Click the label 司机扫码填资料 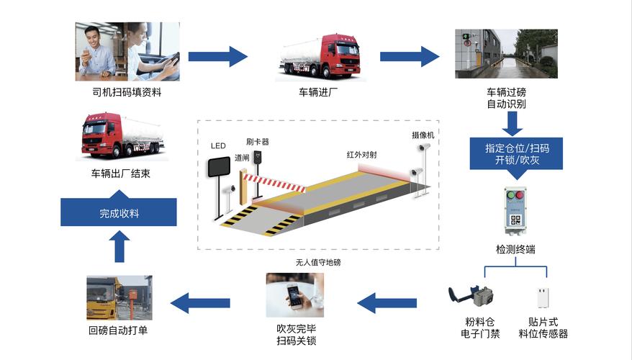coord(127,92)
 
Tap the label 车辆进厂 coord(317,92)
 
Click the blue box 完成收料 coord(119,213)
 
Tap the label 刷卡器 coord(257,142)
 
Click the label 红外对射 coord(362,154)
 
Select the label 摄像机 coord(423,135)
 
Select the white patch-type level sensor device coord(542,298)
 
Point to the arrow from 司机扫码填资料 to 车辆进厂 coord(217,56)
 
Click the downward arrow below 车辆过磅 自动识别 coord(512,123)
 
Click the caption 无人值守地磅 coord(317,262)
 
